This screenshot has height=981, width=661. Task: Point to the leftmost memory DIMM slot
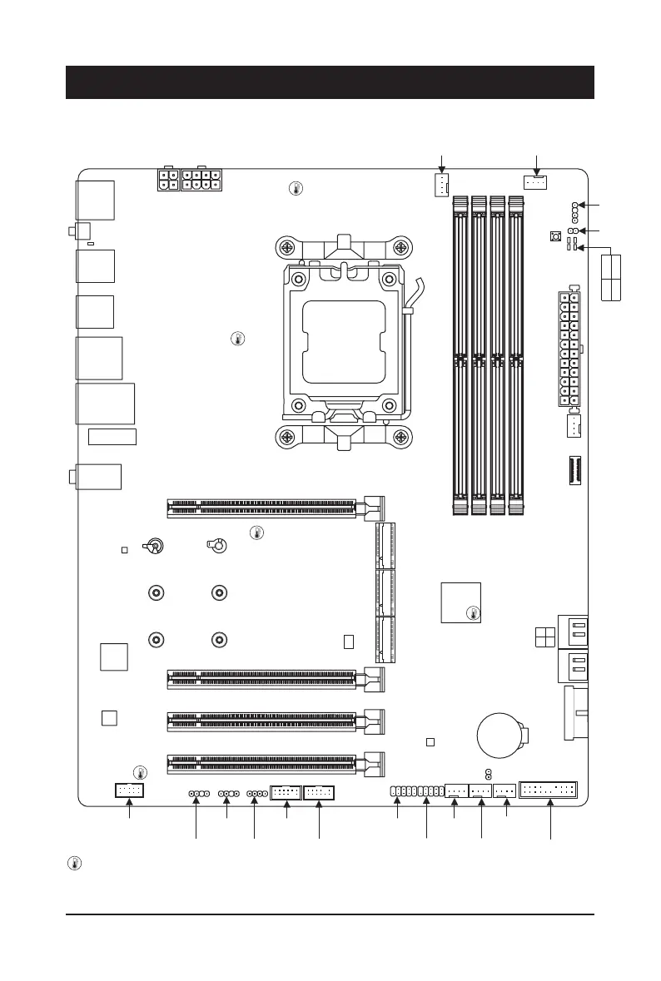click(x=459, y=355)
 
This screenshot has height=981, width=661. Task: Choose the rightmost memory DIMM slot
click(x=516, y=355)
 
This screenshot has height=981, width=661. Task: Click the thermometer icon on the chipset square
click(x=473, y=614)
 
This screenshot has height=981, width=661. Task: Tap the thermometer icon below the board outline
click(x=74, y=864)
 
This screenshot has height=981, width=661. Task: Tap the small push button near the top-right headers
click(x=556, y=237)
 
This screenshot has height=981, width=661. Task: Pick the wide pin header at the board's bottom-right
click(x=548, y=790)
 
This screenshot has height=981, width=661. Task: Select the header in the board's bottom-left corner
click(x=129, y=790)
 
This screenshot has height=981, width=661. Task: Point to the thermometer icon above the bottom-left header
click(x=140, y=771)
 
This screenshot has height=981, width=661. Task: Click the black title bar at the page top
click(x=330, y=82)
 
